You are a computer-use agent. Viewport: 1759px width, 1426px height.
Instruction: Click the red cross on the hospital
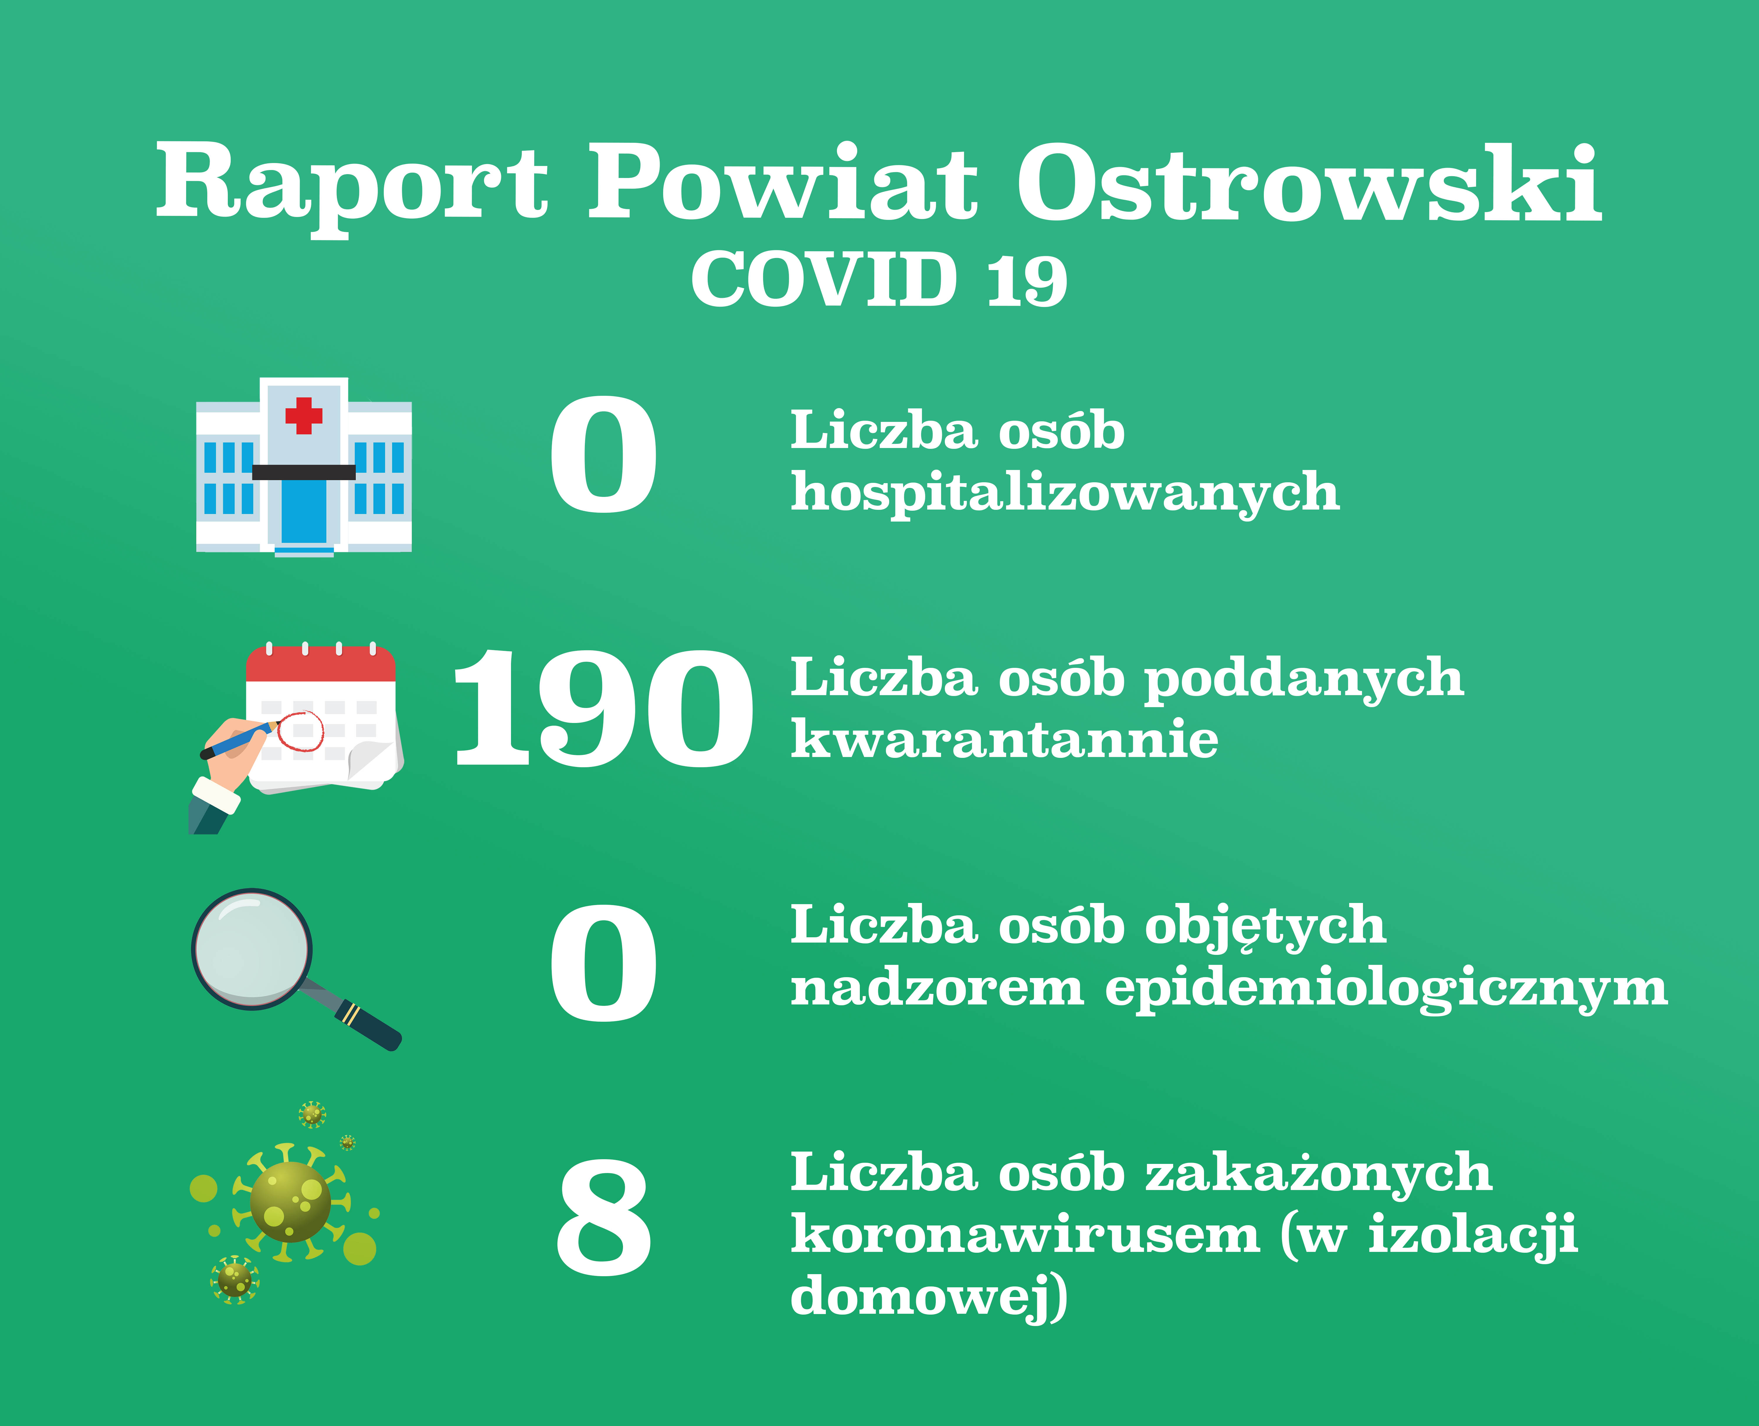click(304, 416)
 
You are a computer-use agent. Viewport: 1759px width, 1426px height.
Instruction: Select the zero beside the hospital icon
click(604, 454)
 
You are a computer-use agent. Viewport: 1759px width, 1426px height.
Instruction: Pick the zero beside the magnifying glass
click(604, 963)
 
